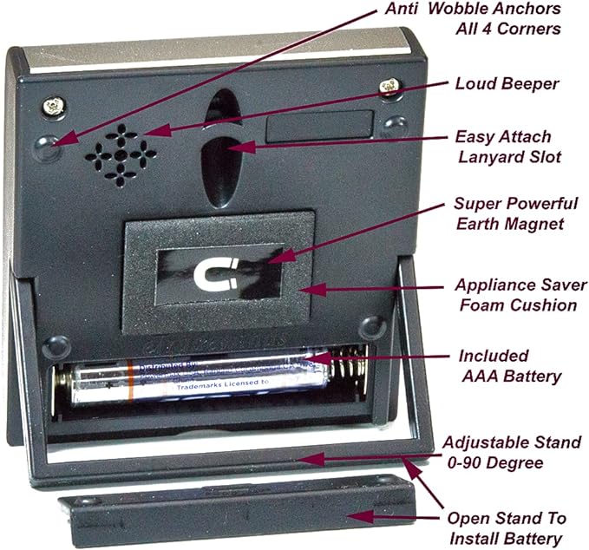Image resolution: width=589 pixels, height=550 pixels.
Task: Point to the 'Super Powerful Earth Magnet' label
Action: click(x=515, y=213)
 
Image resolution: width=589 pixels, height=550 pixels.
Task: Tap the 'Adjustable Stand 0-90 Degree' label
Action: click(x=509, y=452)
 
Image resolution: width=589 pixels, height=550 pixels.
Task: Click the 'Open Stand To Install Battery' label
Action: click(x=506, y=528)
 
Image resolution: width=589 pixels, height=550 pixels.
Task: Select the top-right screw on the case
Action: click(x=389, y=87)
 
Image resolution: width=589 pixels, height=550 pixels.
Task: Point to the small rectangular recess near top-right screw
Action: click(x=319, y=127)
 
